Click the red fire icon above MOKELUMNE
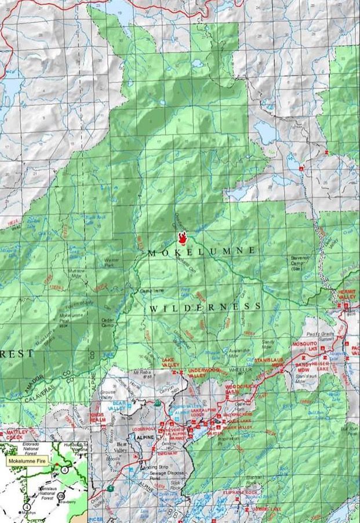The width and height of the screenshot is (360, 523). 183,237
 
